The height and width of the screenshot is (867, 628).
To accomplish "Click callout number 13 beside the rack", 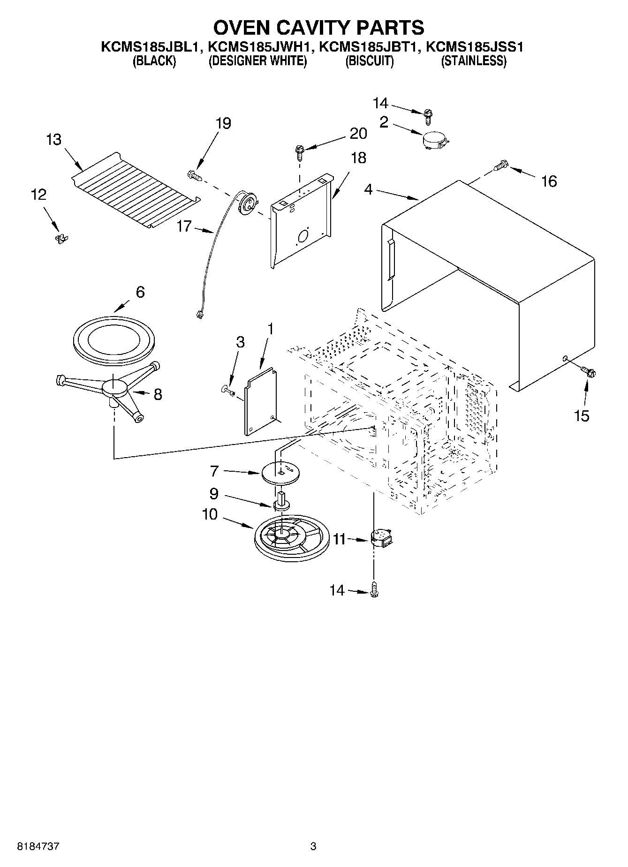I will click(x=54, y=140).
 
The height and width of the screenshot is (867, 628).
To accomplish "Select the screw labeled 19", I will click(x=195, y=175).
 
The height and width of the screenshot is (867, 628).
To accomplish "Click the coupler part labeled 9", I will click(x=281, y=503).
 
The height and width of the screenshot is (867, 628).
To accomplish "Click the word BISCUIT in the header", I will click(x=369, y=61).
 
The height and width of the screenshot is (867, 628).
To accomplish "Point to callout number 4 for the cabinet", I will click(x=368, y=190).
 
